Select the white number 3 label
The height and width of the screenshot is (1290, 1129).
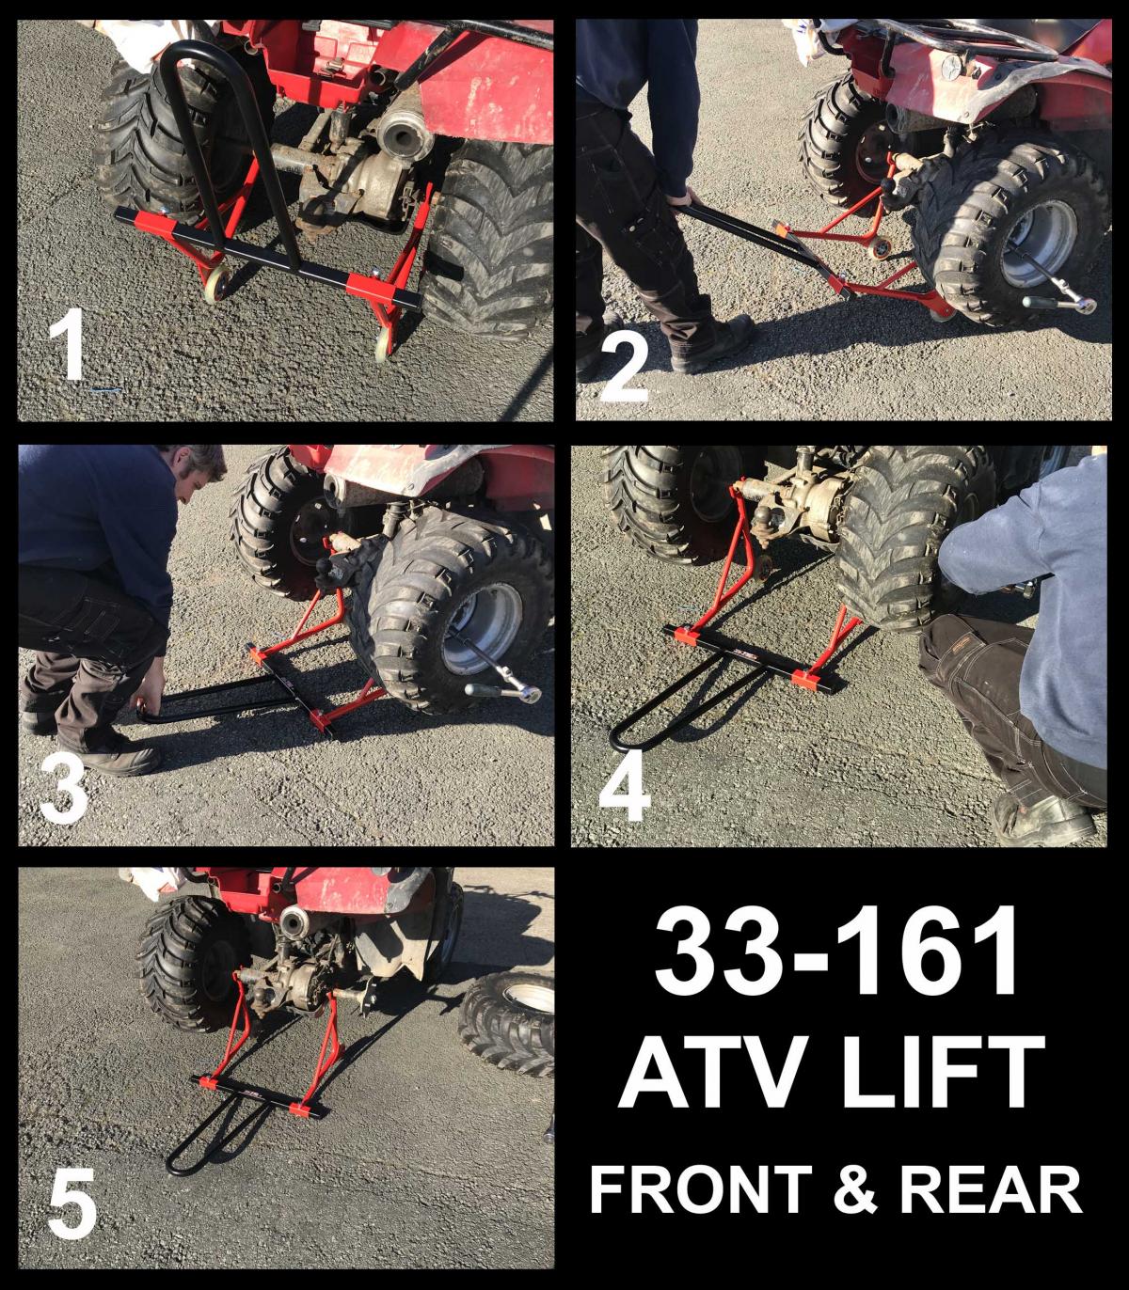[x=63, y=789]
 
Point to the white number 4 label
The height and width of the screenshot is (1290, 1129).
[x=623, y=789]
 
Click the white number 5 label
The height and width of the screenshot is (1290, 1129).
[x=72, y=1202]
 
